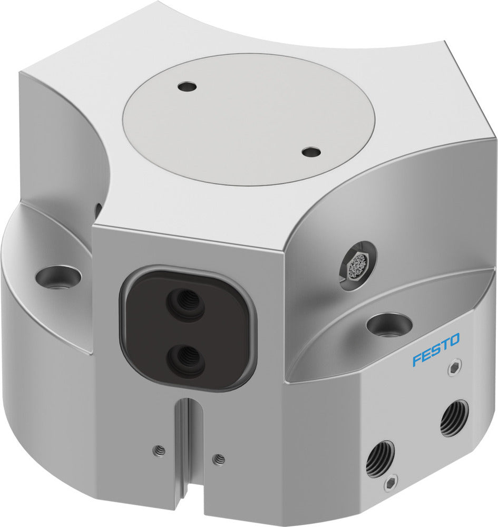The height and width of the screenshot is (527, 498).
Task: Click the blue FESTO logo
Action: (x=436, y=349)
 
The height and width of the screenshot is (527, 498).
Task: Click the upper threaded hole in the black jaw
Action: (x=185, y=301)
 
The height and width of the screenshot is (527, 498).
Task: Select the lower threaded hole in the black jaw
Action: (x=185, y=358)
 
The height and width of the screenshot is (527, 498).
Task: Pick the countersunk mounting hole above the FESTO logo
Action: (x=388, y=323)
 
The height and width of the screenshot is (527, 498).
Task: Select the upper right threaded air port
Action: (x=454, y=418)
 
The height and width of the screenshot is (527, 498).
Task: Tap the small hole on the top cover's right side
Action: (x=311, y=152)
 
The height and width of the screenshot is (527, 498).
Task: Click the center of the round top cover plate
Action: (x=248, y=120)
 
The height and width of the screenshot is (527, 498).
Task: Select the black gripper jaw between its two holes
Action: (x=185, y=330)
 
